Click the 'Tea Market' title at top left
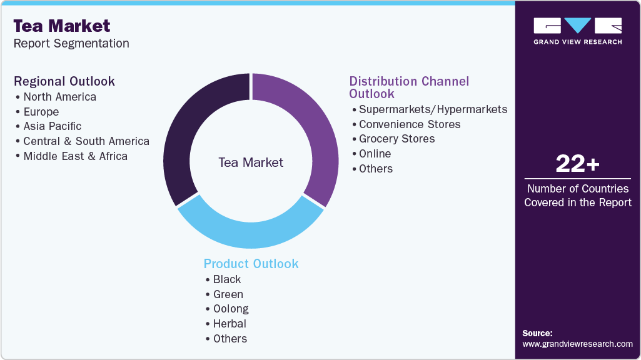click(x=62, y=26)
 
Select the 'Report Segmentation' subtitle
click(x=71, y=43)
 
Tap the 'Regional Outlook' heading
click(x=64, y=81)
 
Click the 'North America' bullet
click(x=59, y=97)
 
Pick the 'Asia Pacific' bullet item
click(x=52, y=126)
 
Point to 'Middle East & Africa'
click(x=75, y=156)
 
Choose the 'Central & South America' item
click(x=86, y=141)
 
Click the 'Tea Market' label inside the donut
click(x=251, y=162)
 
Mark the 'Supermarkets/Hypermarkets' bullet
click(x=433, y=109)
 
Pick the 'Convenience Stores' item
click(x=410, y=124)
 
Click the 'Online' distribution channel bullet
click(x=375, y=154)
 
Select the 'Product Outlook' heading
click(x=251, y=264)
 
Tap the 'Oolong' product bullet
click(x=230, y=309)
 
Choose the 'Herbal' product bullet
click(x=230, y=324)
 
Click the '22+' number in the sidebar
click(x=577, y=164)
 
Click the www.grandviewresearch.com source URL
click(x=577, y=344)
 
